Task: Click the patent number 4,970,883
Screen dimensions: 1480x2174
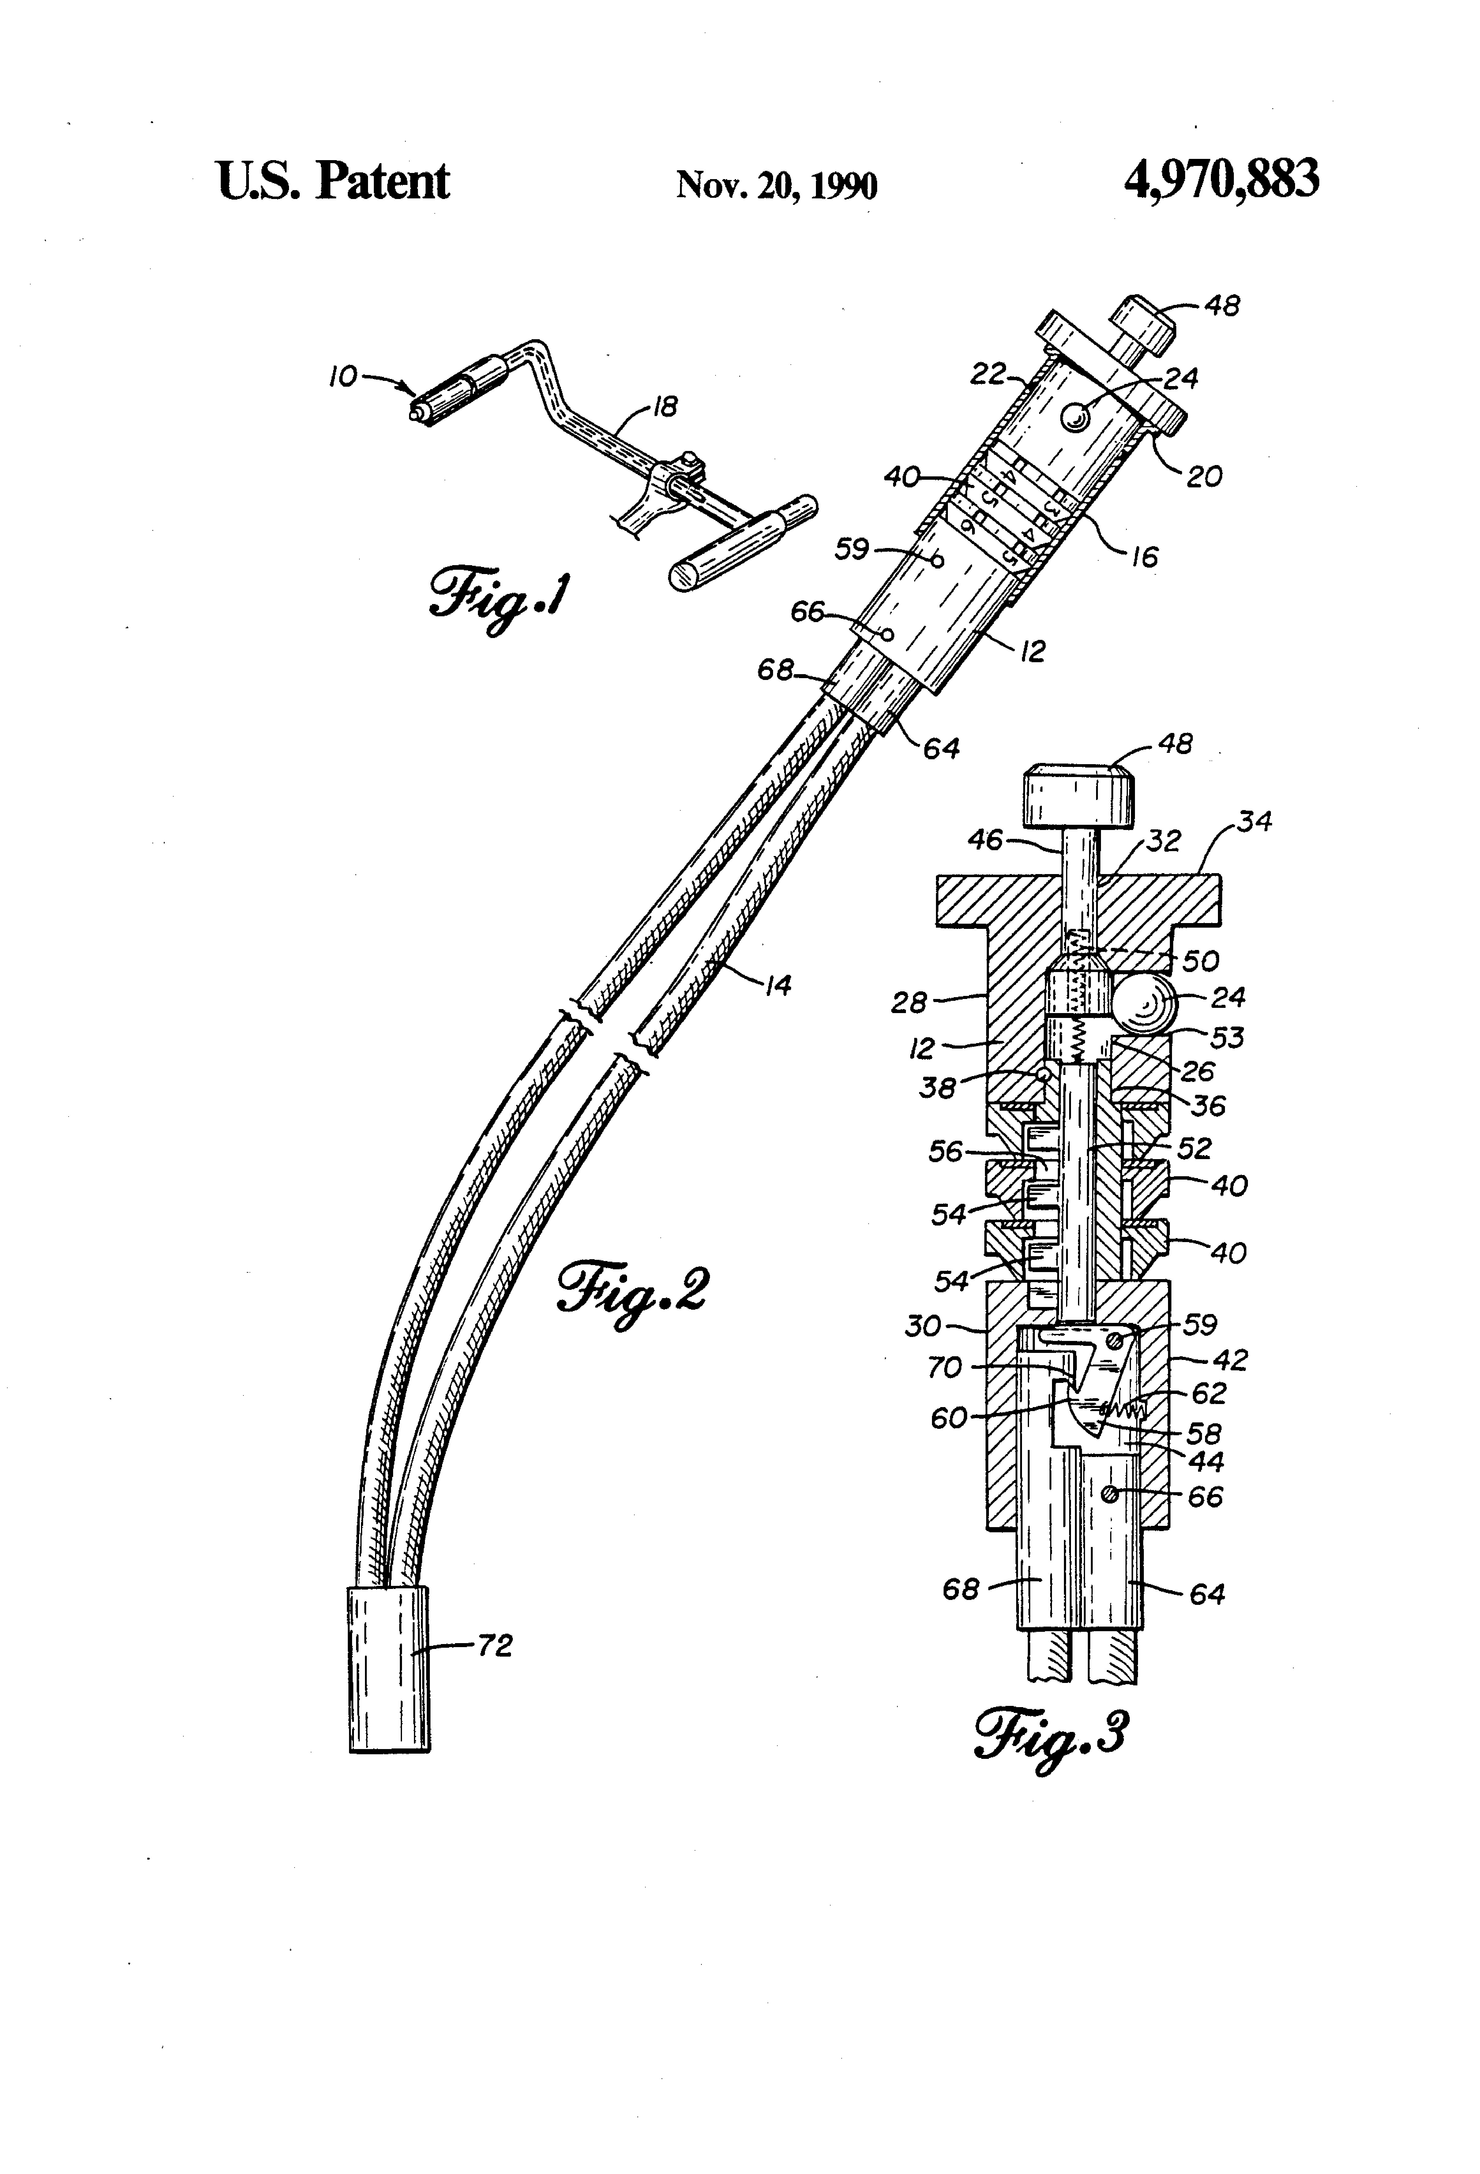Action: [x=1221, y=180]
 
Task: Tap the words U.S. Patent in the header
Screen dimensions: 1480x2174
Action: [x=333, y=181]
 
